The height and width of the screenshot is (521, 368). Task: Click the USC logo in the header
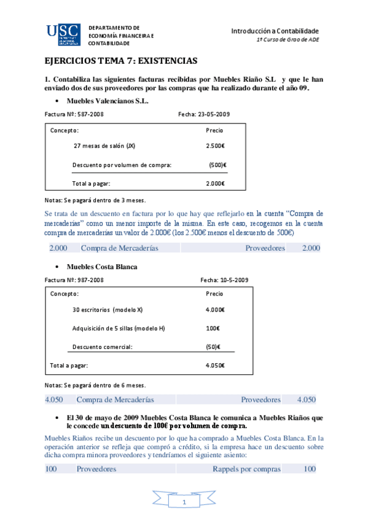tap(62, 36)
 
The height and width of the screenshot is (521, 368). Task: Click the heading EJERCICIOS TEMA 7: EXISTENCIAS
tap(121, 61)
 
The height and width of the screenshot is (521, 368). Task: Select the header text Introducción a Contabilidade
tap(275, 31)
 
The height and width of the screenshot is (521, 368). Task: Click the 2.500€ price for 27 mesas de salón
tap(215, 146)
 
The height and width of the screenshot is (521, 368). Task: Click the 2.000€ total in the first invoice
tap(215, 183)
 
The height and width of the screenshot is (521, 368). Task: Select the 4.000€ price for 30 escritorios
tap(215, 310)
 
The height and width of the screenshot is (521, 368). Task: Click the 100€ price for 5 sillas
tap(213, 328)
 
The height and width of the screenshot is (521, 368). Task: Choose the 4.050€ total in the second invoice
tap(215, 365)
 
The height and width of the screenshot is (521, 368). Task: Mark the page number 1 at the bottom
tap(184, 503)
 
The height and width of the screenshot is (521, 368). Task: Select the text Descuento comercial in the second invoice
tap(103, 347)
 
